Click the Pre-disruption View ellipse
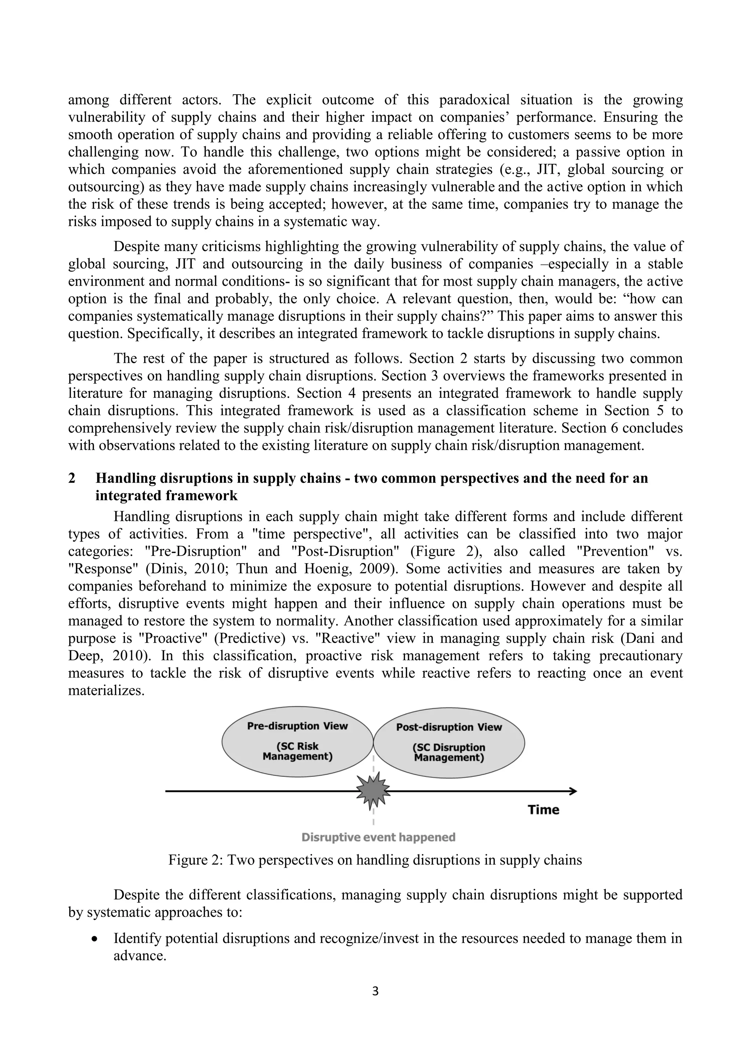[x=297, y=742]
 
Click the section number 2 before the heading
[x=72, y=478]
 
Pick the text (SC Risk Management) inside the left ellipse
[x=297, y=752]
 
